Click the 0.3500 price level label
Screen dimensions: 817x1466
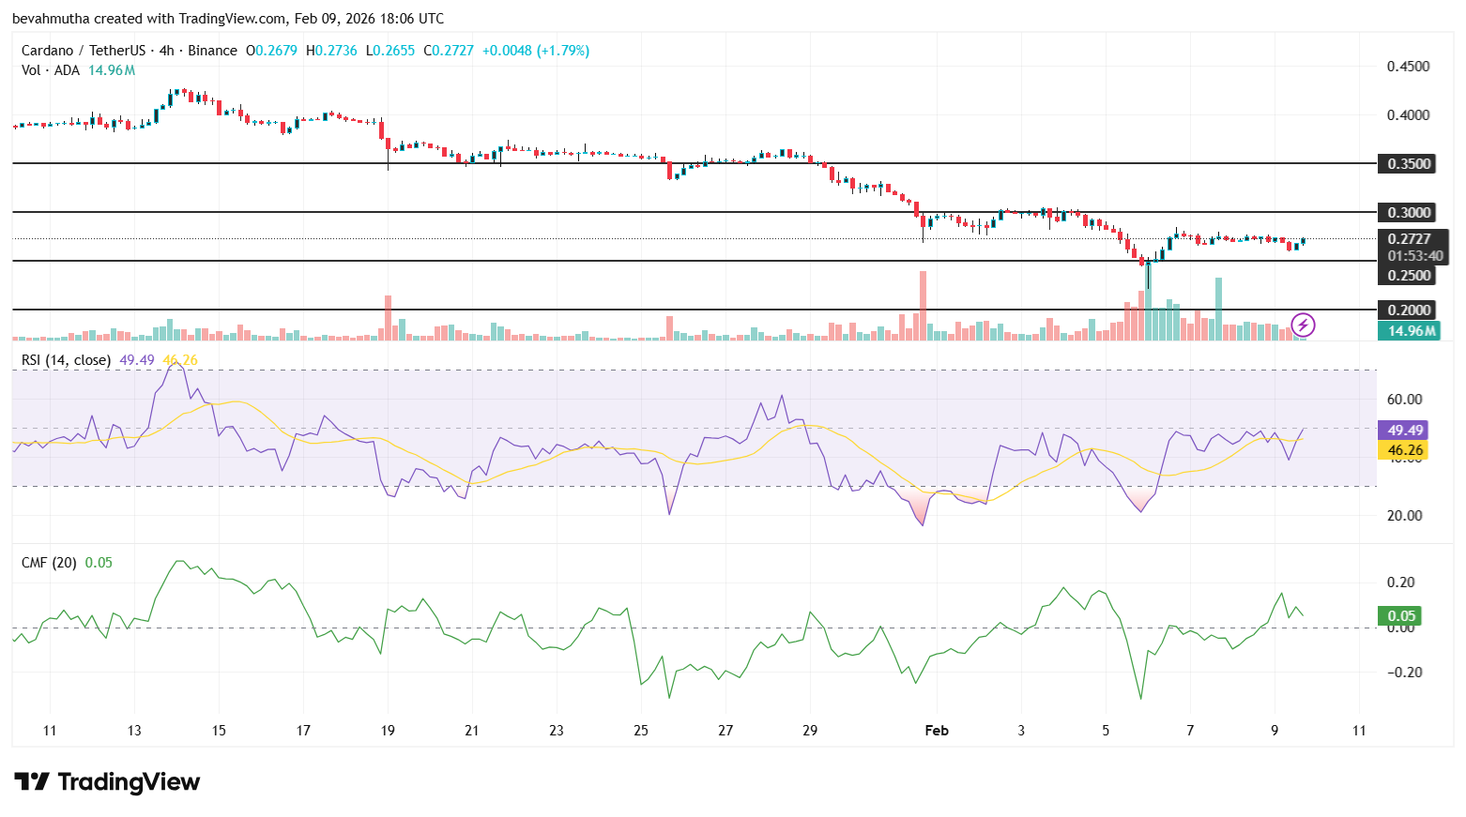(x=1409, y=164)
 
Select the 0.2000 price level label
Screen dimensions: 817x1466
(x=1409, y=310)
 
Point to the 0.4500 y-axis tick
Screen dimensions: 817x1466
(x=1408, y=67)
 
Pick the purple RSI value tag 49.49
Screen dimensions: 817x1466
(x=1405, y=431)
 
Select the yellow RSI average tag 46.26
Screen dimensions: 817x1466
(x=1405, y=450)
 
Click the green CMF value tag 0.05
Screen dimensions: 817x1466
(x=1400, y=616)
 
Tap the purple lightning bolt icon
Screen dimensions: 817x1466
(x=1303, y=325)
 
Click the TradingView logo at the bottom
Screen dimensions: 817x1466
(x=107, y=782)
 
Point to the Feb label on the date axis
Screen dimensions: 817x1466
(x=937, y=731)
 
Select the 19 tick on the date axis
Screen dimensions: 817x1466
(x=388, y=731)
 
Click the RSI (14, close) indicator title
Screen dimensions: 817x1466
(x=66, y=360)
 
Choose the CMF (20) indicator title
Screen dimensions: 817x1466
(x=49, y=563)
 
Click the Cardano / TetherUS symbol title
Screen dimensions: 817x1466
(x=84, y=51)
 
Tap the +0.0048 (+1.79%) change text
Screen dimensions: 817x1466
(x=535, y=51)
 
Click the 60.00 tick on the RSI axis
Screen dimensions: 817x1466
(x=1404, y=400)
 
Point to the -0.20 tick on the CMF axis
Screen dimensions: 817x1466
(x=1400, y=673)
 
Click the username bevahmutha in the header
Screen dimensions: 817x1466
(x=51, y=19)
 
